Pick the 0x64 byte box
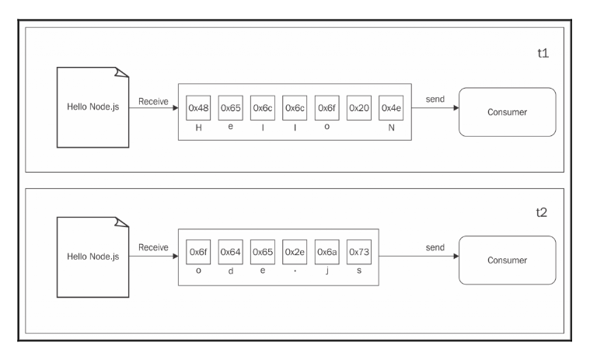click(230, 253)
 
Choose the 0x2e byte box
click(295, 253)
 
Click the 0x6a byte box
click(326, 253)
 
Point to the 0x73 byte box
click(358, 253)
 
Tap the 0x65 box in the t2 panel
click(263, 253)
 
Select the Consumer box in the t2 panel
click(507, 260)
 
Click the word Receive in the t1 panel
click(153, 101)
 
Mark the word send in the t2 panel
click(435, 246)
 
